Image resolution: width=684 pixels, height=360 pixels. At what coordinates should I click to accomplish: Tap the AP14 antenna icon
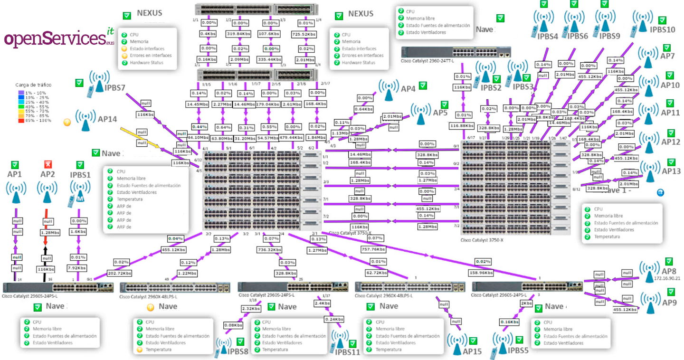click(85, 121)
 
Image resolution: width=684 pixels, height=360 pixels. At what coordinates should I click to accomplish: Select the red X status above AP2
click(47, 164)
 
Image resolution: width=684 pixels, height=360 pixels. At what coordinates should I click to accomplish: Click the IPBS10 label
click(663, 29)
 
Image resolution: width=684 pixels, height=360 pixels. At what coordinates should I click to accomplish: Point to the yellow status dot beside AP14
click(67, 122)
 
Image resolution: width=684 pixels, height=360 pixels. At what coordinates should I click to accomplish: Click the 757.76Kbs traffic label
click(372, 249)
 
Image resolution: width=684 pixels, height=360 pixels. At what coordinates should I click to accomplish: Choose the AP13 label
click(671, 171)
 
